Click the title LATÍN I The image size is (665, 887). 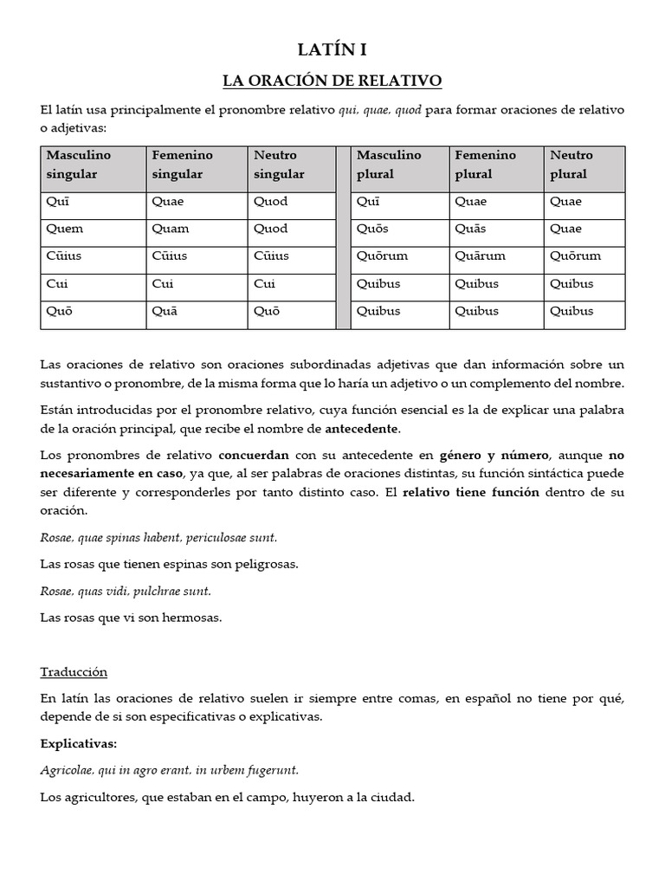pyautogui.click(x=332, y=50)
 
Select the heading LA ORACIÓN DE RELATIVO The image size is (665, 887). pyautogui.click(x=332, y=81)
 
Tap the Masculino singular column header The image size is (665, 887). pyautogui.click(x=80, y=165)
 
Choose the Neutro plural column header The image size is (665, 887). pyautogui.click(x=571, y=165)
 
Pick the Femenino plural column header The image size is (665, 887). pyautogui.click(x=485, y=165)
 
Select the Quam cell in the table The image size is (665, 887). pyautogui.click(x=170, y=230)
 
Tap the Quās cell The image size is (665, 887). pyautogui.click(x=469, y=230)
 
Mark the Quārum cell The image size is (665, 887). pyautogui.click(x=480, y=256)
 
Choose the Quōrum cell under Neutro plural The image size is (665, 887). pyautogui.click(x=576, y=256)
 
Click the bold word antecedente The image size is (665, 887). pyautogui.click(x=363, y=429)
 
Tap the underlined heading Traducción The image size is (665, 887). pyautogui.click(x=74, y=672)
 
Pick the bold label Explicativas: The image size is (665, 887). pyautogui.click(x=79, y=744)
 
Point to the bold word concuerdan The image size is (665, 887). pyautogui.click(x=254, y=456)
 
